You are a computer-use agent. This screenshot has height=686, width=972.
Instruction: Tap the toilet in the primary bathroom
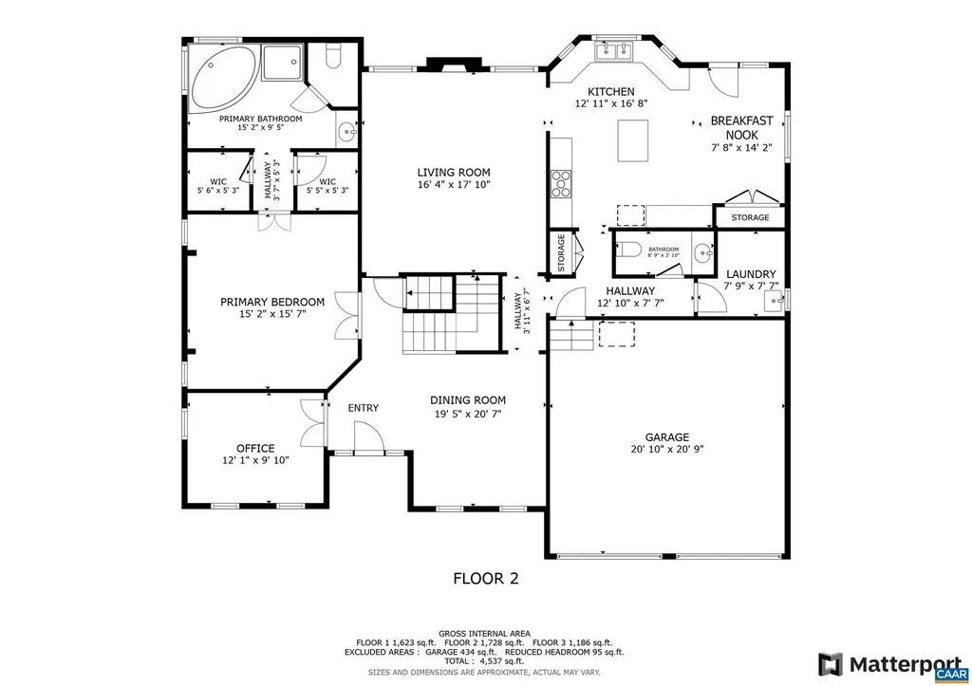332,58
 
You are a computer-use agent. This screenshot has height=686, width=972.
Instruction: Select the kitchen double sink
611,50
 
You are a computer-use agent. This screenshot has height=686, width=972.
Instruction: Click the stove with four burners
561,182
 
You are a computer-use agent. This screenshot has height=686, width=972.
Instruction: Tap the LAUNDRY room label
751,273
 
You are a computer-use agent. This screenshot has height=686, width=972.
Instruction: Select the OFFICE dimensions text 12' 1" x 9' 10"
255,460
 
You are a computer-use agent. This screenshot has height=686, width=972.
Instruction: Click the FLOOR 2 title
485,577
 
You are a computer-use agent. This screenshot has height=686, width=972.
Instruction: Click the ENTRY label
363,408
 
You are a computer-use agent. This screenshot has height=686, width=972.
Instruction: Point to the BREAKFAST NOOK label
741,128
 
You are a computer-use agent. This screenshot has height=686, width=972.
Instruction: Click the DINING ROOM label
468,400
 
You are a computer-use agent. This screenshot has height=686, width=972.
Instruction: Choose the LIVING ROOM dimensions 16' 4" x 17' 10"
454,185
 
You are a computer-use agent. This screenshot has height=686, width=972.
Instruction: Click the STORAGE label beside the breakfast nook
750,218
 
